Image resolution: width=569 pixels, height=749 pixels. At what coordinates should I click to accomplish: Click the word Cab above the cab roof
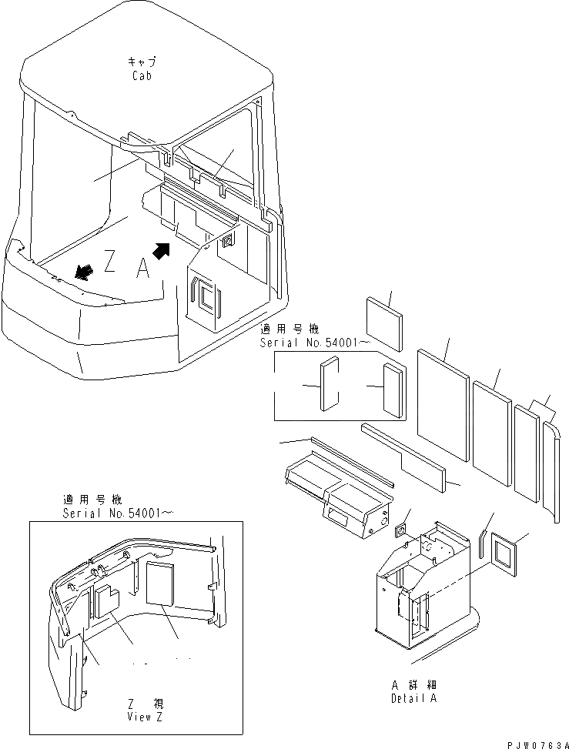coord(141,76)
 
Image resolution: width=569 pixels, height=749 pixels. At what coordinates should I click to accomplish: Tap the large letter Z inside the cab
coord(109,263)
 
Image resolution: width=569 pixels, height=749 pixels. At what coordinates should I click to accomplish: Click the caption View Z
coord(144,715)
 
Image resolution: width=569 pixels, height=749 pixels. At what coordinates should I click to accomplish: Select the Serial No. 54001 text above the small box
coord(309,342)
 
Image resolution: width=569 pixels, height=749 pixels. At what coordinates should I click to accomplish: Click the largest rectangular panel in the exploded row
coord(443,405)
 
